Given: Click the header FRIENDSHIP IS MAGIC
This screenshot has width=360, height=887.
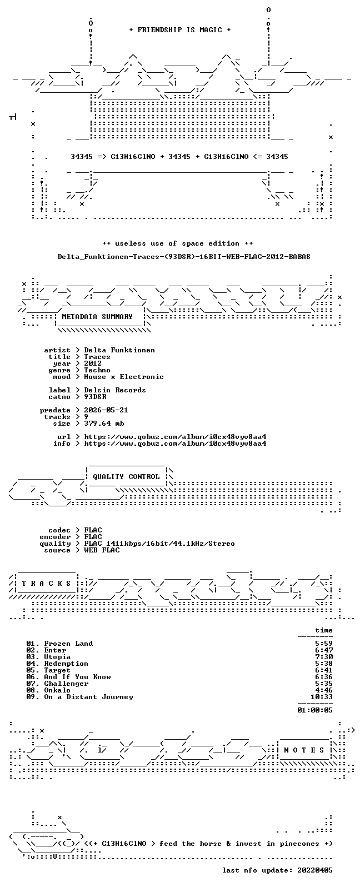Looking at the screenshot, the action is click(x=180, y=30).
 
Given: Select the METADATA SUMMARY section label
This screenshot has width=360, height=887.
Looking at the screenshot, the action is click(x=97, y=317).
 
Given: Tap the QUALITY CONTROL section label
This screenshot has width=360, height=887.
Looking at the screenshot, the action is click(x=126, y=477).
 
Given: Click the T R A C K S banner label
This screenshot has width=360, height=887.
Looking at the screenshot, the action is click(x=46, y=584).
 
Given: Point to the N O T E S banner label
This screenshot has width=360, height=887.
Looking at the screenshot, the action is click(x=304, y=750).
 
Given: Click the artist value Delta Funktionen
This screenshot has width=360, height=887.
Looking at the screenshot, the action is click(x=119, y=350).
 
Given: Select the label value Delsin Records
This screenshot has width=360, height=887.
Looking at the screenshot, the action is click(x=115, y=390).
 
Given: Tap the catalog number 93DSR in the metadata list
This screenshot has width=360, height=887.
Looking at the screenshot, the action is click(x=95, y=397).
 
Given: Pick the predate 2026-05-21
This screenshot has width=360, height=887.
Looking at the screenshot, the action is click(x=106, y=410).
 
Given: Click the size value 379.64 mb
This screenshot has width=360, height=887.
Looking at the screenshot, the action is click(x=104, y=423).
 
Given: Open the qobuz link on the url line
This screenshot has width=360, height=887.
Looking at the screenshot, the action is click(x=175, y=437).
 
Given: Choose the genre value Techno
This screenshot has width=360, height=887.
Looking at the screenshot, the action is click(x=97, y=370).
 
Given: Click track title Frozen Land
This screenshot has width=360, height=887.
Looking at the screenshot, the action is click(x=68, y=644).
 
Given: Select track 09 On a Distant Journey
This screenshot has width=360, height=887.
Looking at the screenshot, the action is click(x=79, y=697).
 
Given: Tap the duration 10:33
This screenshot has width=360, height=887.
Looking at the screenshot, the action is click(x=322, y=697).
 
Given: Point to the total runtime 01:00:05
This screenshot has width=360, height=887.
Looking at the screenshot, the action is click(x=315, y=710).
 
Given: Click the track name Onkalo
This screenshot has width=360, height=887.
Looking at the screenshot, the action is click(x=57, y=690).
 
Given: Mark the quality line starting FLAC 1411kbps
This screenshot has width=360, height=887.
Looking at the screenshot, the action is click(x=159, y=544).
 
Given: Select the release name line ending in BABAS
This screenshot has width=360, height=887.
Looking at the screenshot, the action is click(x=184, y=257).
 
